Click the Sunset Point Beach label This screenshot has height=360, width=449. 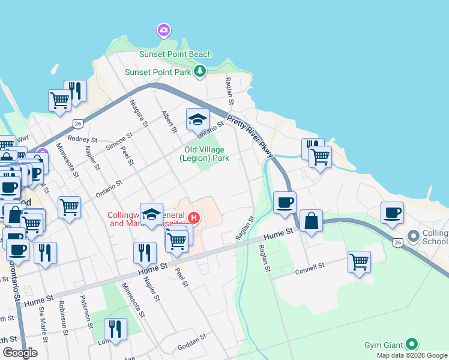coord(175,54)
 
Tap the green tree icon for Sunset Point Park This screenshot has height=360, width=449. coord(200,72)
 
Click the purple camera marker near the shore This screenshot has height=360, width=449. coord(163,29)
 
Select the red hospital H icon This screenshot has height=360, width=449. coord(193,217)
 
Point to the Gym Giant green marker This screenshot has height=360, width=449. coord(411,344)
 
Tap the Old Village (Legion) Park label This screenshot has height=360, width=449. coord(204,154)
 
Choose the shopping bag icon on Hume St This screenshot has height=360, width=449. coord(312,221)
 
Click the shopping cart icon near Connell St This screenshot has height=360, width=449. coord(359,262)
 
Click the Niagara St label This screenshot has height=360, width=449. coord(138,114)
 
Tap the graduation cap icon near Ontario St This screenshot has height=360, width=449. coord(197,120)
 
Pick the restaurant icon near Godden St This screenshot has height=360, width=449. coord(115,329)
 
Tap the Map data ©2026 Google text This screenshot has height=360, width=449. coord(411,355)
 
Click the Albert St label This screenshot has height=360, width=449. coord(169,122)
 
